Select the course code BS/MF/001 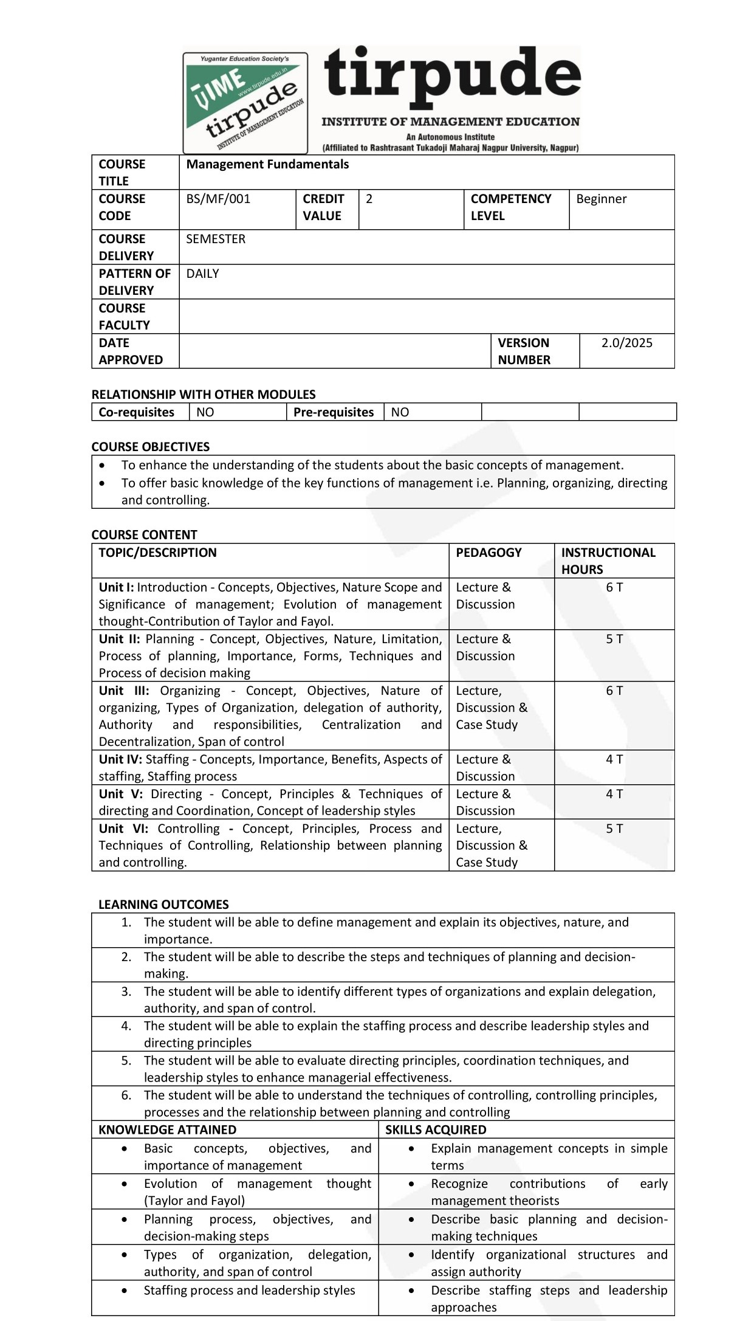(218, 199)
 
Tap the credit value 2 (369, 199)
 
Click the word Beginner (601, 199)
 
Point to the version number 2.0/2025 (626, 343)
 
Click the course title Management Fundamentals (267, 164)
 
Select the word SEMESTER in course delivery (216, 239)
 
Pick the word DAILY (202, 274)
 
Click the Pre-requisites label (334, 412)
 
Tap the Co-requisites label (136, 412)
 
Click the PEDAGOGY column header (488, 553)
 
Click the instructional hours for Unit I (614, 587)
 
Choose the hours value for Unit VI (614, 829)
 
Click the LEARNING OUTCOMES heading (163, 905)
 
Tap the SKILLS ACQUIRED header (436, 1130)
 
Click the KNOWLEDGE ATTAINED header (167, 1130)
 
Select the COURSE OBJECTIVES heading (150, 447)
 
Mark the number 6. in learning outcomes (126, 1095)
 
